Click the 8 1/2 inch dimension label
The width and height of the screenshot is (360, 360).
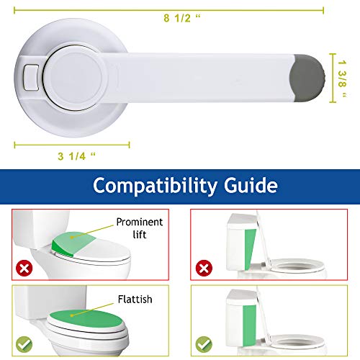point(182,18)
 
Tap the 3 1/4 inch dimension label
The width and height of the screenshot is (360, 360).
point(76,156)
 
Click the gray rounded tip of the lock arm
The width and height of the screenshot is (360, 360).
point(307,78)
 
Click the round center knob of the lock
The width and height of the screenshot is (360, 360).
point(73,78)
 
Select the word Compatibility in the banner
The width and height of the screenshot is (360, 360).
point(155,186)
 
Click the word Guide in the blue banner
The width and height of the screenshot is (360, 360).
point(251,185)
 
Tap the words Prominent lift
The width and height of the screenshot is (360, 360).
point(140,228)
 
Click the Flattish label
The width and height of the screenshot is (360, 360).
point(135,300)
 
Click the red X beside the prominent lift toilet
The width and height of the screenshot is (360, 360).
point(24,268)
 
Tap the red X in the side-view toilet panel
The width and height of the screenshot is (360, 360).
point(204,268)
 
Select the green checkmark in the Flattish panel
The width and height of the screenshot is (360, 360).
point(24,344)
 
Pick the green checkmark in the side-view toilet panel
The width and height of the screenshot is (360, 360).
point(204,344)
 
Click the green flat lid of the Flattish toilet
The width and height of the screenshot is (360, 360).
point(86,319)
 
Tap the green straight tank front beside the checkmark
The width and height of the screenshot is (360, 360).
point(249,325)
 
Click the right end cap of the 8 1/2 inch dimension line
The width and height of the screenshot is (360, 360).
point(323,10)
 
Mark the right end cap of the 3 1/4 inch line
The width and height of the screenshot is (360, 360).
point(129,145)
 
